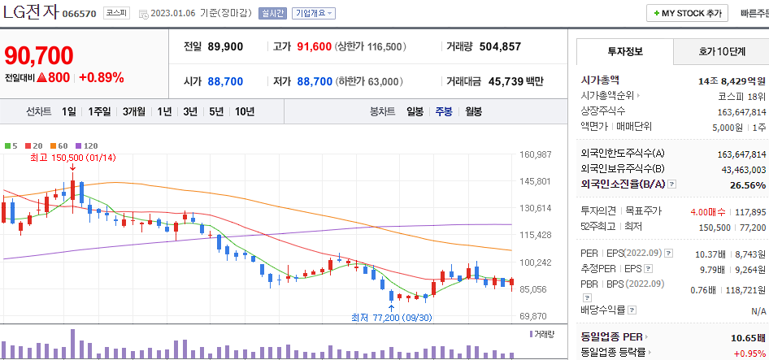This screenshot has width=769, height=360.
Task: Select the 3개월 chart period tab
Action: click(134, 111)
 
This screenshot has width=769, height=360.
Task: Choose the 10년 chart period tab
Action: click(244, 111)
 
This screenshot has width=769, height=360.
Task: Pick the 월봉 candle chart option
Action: click(473, 111)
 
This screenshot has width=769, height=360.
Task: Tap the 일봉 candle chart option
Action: click(415, 111)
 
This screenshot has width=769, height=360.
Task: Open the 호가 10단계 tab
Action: click(721, 51)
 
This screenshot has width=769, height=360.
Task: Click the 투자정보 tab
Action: click(624, 51)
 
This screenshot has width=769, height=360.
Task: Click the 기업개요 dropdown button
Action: click(314, 14)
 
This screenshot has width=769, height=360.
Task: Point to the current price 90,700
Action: click(39, 55)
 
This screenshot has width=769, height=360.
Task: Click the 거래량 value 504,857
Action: click(500, 46)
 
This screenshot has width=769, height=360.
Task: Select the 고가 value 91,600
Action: click(315, 46)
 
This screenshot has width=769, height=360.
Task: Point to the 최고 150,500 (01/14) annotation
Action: click(72, 158)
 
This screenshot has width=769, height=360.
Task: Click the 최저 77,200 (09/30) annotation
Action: click(391, 317)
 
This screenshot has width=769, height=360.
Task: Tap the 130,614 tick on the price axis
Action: click(535, 208)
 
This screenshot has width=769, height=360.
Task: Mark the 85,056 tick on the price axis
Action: click(535, 288)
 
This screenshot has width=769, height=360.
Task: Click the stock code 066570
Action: click(79, 15)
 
